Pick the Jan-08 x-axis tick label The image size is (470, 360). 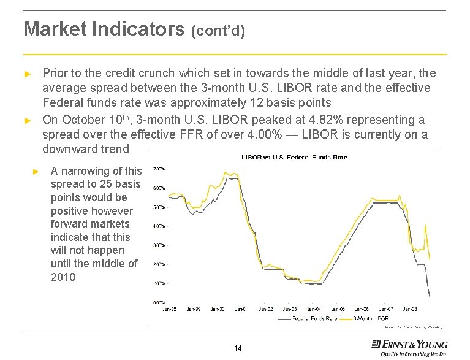[x=411, y=309]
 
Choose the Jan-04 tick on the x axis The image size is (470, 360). [x=313, y=309]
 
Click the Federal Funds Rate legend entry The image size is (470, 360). [x=313, y=319]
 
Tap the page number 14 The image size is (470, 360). [x=238, y=348]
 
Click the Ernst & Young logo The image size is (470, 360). [x=409, y=347]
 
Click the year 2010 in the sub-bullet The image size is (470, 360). [x=63, y=277]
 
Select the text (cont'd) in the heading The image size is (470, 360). [x=219, y=31]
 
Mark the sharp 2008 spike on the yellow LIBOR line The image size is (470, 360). [x=426, y=226]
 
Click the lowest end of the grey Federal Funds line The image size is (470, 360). [x=429, y=297]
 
